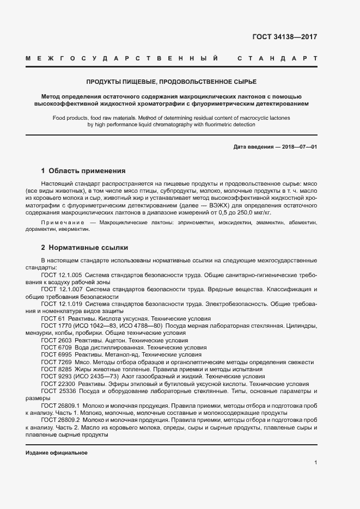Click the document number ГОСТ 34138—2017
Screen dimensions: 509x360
click(x=284, y=37)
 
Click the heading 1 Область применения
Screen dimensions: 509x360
click(x=83, y=170)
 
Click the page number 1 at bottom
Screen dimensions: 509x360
click(x=315, y=463)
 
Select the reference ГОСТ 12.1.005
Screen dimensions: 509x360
click(x=62, y=275)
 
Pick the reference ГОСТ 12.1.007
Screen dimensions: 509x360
click(x=62, y=289)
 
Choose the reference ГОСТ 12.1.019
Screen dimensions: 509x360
click(x=62, y=304)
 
